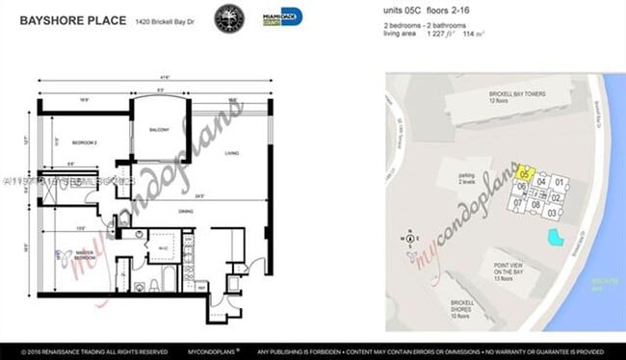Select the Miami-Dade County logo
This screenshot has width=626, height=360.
pos(282,17)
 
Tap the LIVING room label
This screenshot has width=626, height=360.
pos(230,152)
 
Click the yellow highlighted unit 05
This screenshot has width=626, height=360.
pos(524,173)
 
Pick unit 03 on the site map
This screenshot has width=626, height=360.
pos(551,212)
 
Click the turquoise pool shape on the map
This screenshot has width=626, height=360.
pos(554,238)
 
